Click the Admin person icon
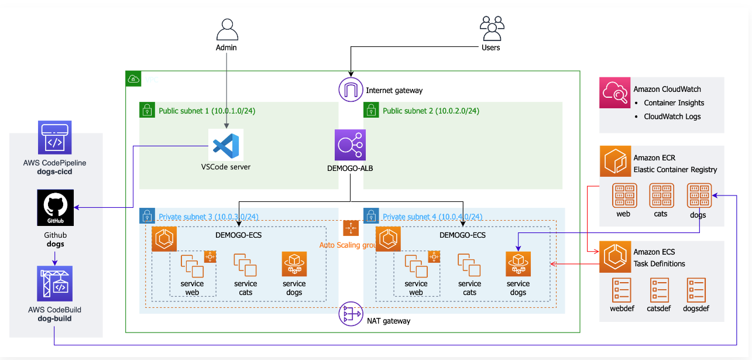pos(226,29)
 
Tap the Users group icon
pos(492,28)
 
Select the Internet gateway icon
pos(351,90)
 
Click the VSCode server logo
pos(226,145)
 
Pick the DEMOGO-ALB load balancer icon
pos(350,145)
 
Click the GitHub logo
pos(55,208)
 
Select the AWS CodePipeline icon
pos(55,137)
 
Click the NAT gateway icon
pos(351,316)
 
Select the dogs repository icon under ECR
pos(699,196)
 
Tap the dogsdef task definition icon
pos(696,290)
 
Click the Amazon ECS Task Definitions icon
pos(614,257)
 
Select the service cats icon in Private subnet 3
pos(245,265)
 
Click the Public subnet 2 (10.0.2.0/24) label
pos(431,111)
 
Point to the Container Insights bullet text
pos(674,103)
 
